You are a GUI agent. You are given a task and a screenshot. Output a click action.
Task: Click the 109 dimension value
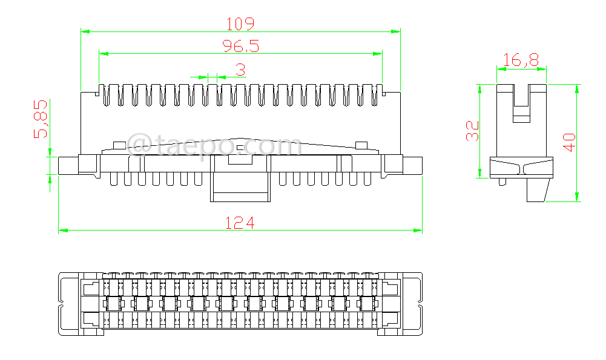tap(240, 24)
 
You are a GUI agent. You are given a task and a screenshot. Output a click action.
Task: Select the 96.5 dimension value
tap(240, 46)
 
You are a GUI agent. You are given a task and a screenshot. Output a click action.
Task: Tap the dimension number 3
tap(240, 70)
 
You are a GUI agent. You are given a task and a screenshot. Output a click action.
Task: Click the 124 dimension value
tap(240, 223)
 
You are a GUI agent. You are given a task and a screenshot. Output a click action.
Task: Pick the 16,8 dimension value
tap(521, 60)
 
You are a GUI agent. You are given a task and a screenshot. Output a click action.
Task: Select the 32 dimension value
tap(472, 131)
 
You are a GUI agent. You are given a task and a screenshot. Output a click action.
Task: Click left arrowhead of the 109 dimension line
tap(85, 31)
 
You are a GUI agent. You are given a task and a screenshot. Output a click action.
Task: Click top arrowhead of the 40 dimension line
tap(576, 88)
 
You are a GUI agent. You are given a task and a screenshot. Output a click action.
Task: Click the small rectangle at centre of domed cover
tap(240, 147)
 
